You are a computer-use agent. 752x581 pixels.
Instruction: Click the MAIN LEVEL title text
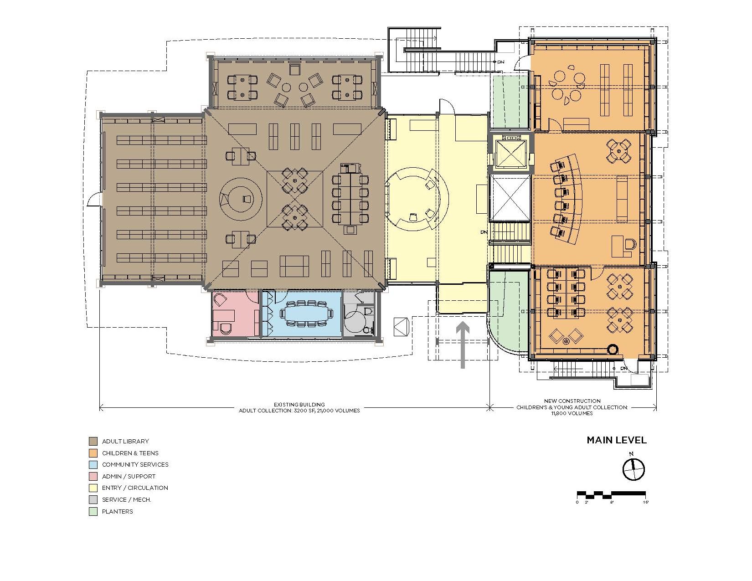click(x=616, y=440)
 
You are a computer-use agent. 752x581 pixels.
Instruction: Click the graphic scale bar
click(x=611, y=494)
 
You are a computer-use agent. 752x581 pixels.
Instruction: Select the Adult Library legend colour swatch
click(x=93, y=441)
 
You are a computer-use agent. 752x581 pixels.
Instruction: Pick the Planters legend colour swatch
click(x=93, y=511)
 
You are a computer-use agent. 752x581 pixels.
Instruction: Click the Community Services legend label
click(x=135, y=464)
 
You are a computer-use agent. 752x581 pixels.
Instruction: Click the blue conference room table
click(x=306, y=314)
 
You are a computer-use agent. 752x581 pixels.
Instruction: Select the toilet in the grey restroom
click(x=369, y=311)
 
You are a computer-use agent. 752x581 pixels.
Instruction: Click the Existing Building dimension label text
click(x=299, y=407)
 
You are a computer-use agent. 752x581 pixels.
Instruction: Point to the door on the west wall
click(x=94, y=200)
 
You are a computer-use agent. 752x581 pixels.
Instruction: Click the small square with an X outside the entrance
click(x=401, y=327)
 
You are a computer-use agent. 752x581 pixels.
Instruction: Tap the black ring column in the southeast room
click(x=613, y=350)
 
